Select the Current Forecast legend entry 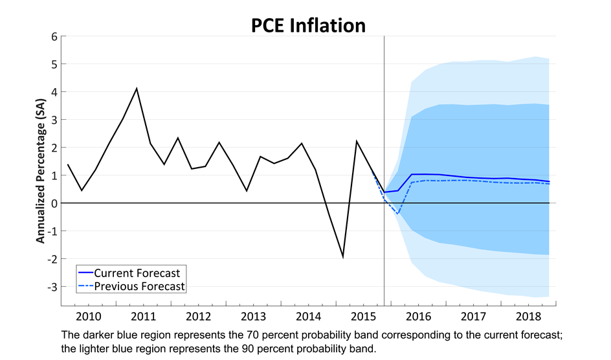(137, 273)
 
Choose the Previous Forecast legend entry (139, 286)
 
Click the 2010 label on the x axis (88, 317)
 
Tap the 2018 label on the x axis (529, 317)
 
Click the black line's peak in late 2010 (137, 88)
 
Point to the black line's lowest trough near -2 (342, 257)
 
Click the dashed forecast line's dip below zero (398, 213)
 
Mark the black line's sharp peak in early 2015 (357, 141)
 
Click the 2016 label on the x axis (419, 317)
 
